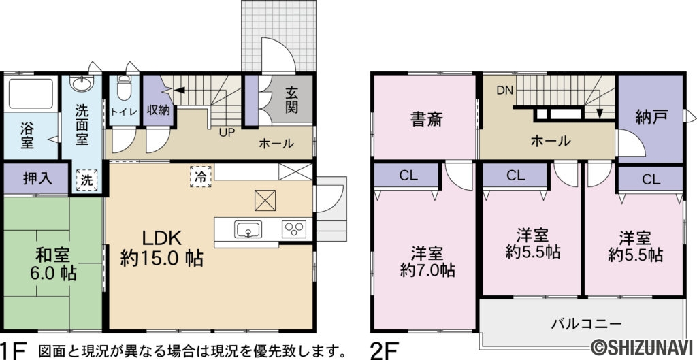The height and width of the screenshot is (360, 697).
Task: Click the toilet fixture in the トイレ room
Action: tap(124, 88)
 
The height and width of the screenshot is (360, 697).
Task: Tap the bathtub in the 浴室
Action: tap(31, 93)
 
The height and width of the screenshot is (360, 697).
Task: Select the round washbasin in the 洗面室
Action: tap(82, 83)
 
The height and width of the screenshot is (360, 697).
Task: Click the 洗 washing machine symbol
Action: tap(86, 180)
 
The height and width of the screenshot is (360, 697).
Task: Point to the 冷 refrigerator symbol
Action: tap(201, 176)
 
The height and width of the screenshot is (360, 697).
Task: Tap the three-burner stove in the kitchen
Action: tap(294, 229)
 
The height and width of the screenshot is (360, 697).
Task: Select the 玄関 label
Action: tap(291, 101)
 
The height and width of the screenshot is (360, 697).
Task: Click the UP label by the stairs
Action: tap(226, 132)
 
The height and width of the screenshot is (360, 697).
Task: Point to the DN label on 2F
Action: tap(505, 91)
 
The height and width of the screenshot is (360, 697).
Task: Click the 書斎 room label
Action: tap(426, 120)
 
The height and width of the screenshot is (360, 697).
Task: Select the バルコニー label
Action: tap(586, 323)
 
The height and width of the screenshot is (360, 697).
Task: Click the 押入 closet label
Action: tap(38, 178)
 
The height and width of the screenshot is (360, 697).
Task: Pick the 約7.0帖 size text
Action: tap(427, 270)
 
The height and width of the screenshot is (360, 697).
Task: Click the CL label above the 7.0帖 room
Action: tap(408, 176)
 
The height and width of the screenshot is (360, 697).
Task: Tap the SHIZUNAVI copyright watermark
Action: tap(643, 345)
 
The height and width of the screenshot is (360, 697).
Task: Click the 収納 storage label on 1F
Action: tap(158, 110)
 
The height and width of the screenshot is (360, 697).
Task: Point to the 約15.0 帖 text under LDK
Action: tap(162, 259)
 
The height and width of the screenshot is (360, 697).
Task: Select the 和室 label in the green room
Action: tap(53, 256)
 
